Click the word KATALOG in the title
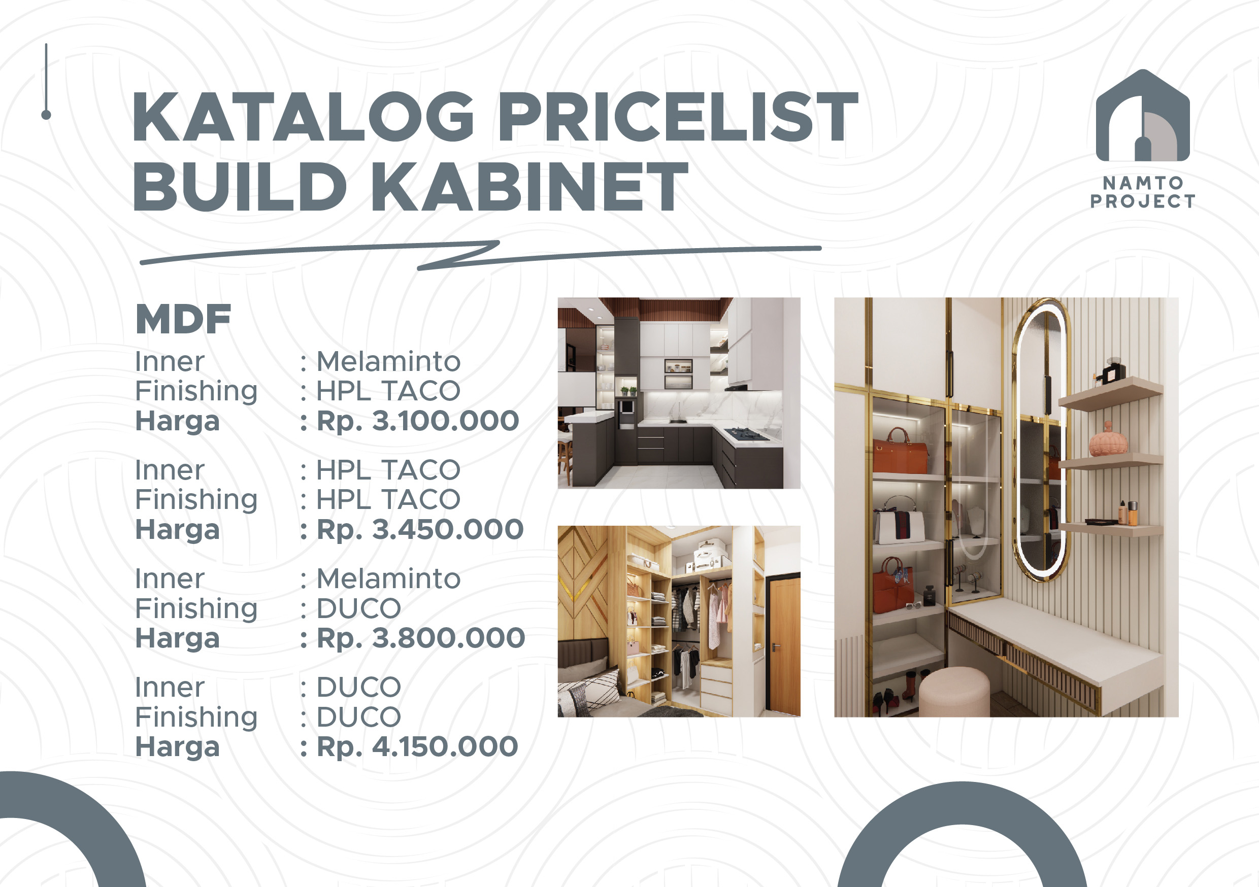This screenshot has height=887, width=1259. point(303,116)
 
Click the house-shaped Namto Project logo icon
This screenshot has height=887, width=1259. point(1143,116)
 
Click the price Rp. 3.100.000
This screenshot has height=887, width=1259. point(417,421)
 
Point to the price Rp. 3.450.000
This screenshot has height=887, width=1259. point(420,530)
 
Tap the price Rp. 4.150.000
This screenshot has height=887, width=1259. point(417,746)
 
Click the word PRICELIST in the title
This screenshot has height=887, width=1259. point(678,116)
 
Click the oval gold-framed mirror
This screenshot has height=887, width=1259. point(1040,438)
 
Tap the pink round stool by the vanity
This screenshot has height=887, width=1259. point(954,691)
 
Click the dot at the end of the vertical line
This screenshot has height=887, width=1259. point(46,115)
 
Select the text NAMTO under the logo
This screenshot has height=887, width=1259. point(1143,183)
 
